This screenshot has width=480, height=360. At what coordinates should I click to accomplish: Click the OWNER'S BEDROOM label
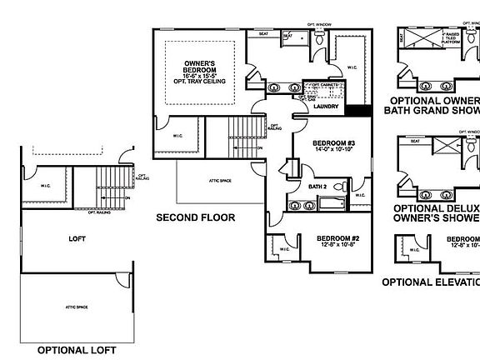[200, 67]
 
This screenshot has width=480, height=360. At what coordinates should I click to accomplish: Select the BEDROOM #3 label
[333, 143]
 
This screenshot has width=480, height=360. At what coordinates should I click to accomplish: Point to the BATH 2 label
[317, 187]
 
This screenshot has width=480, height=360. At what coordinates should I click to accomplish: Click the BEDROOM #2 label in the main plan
[337, 238]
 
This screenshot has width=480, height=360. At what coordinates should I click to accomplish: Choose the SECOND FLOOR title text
[196, 217]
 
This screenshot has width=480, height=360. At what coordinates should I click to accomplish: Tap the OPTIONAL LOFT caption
[77, 350]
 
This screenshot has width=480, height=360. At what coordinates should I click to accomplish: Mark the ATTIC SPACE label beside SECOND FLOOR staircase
[213, 179]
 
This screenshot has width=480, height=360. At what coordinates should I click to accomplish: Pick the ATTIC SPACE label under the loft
[77, 307]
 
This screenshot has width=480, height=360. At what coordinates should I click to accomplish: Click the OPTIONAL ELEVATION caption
[431, 282]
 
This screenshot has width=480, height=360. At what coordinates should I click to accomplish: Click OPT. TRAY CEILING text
[200, 83]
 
